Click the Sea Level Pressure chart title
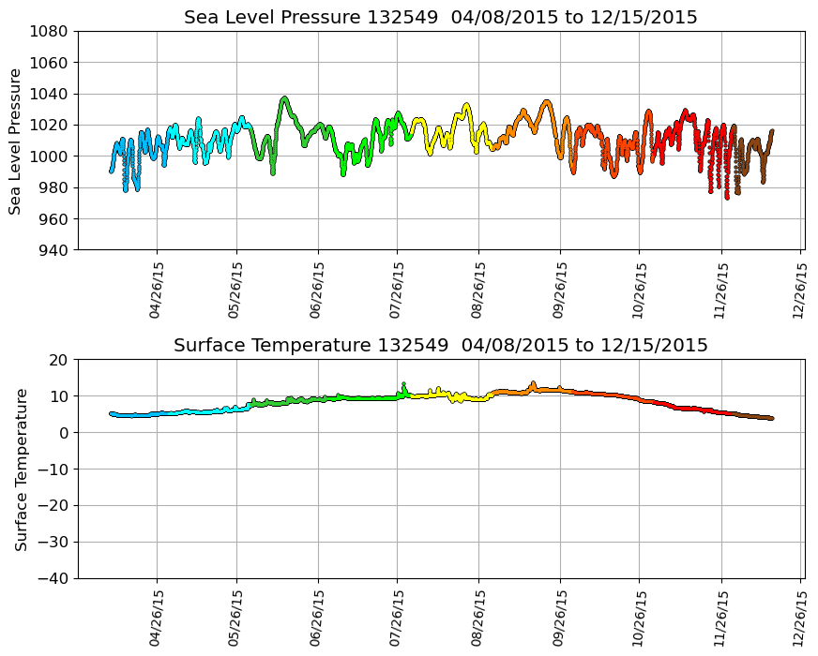[x=440, y=18]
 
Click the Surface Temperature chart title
[x=440, y=346]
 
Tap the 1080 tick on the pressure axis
[x=48, y=31]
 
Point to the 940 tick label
[x=52, y=250]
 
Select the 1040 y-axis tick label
[x=48, y=94]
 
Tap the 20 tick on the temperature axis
[x=60, y=360]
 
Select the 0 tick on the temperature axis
[x=65, y=433]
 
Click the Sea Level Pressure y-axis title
[x=16, y=141]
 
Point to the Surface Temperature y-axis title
[x=21, y=469]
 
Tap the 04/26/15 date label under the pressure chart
[x=156, y=291]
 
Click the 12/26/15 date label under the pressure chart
[x=799, y=291]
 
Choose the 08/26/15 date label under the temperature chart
[x=478, y=619]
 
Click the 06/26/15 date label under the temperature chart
[x=317, y=619]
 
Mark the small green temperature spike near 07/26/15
[x=403, y=385]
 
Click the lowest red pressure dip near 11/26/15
[x=727, y=197]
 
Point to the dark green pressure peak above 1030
[x=284, y=97]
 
